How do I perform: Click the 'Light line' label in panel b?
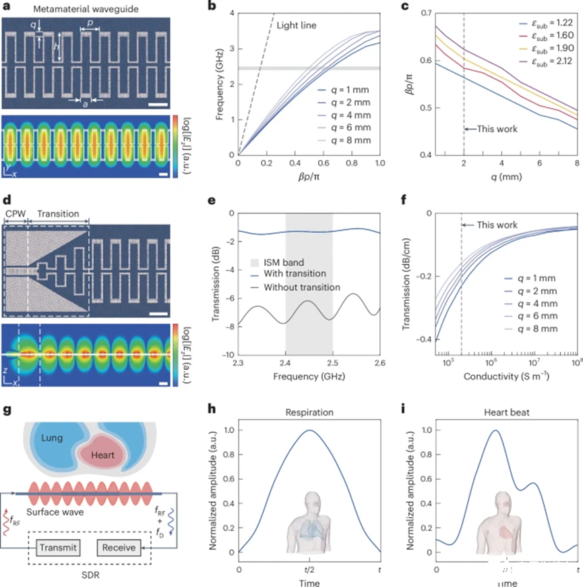coord(297,26)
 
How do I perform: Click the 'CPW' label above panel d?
coord(14,214)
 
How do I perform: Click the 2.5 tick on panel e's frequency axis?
coord(332,364)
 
